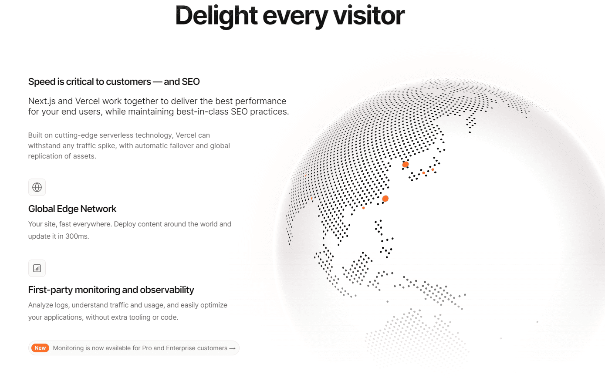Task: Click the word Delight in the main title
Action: point(216,16)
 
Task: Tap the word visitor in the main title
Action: point(368,15)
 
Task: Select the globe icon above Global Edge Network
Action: point(37,187)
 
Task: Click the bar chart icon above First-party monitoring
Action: point(37,268)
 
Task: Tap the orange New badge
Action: point(40,348)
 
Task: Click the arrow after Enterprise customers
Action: point(232,348)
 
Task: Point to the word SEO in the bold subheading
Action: point(190,81)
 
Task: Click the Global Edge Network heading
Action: point(72,209)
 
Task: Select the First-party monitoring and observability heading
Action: point(111,290)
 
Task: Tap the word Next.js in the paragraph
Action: point(42,101)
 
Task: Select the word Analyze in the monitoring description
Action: point(41,305)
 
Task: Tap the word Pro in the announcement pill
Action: point(147,348)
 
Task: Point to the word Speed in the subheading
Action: point(42,82)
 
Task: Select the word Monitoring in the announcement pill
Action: point(68,348)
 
